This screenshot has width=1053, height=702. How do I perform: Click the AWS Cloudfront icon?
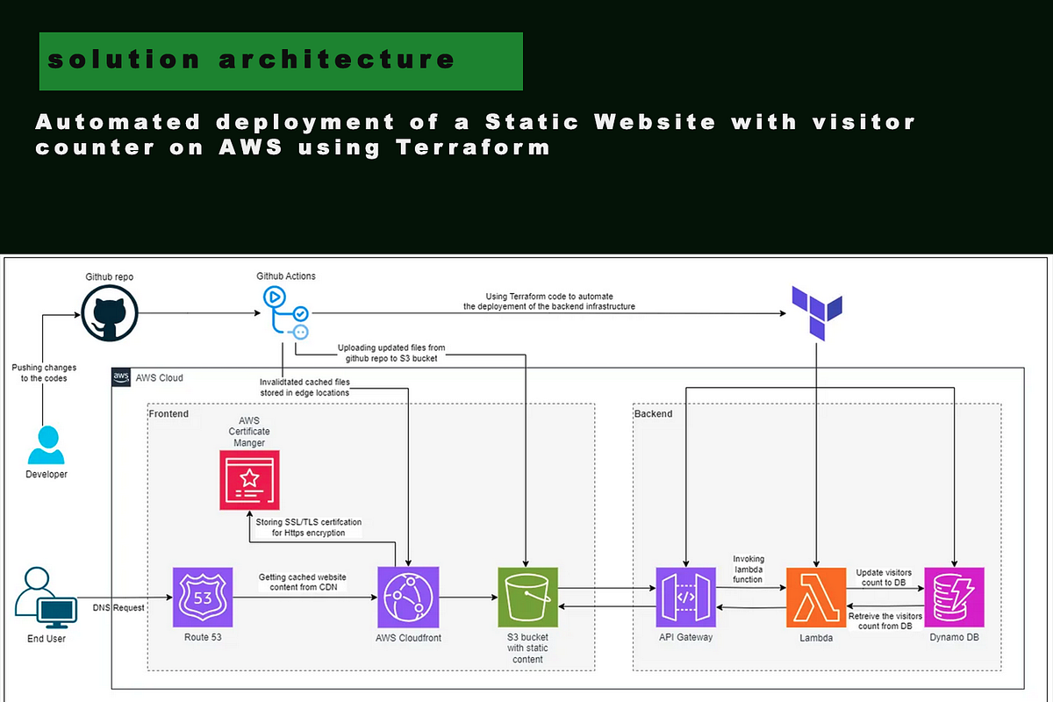(408, 597)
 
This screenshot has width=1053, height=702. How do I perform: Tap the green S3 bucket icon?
(527, 597)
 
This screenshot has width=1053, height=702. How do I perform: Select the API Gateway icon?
(686, 598)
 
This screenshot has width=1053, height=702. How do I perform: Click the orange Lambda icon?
(816, 598)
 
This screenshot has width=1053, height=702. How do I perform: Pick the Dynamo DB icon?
(954, 598)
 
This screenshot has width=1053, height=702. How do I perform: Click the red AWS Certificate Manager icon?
(249, 480)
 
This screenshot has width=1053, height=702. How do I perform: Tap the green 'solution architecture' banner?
(281, 61)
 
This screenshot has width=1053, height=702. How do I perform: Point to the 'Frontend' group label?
(168, 413)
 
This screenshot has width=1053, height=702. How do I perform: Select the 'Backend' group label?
(653, 413)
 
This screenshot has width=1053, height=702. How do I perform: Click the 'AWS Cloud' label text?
(159, 378)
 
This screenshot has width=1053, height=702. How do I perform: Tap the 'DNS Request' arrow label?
(119, 607)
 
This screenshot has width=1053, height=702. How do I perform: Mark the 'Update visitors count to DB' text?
(884, 578)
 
